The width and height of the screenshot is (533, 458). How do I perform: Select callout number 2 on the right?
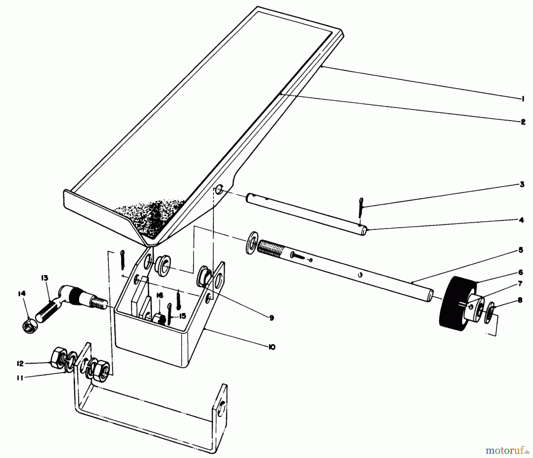tap(523, 122)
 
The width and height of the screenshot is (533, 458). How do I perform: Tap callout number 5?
tap(521, 250)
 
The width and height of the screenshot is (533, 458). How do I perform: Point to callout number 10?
tap(272, 347)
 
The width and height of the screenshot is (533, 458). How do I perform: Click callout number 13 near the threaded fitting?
tap(44, 278)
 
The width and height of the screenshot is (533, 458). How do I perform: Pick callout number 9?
tap(272, 318)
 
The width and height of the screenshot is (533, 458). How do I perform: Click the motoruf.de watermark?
tap(507, 451)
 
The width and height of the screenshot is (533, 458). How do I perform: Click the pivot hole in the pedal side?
tap(219, 189)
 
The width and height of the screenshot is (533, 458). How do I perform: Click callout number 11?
tap(20, 378)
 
